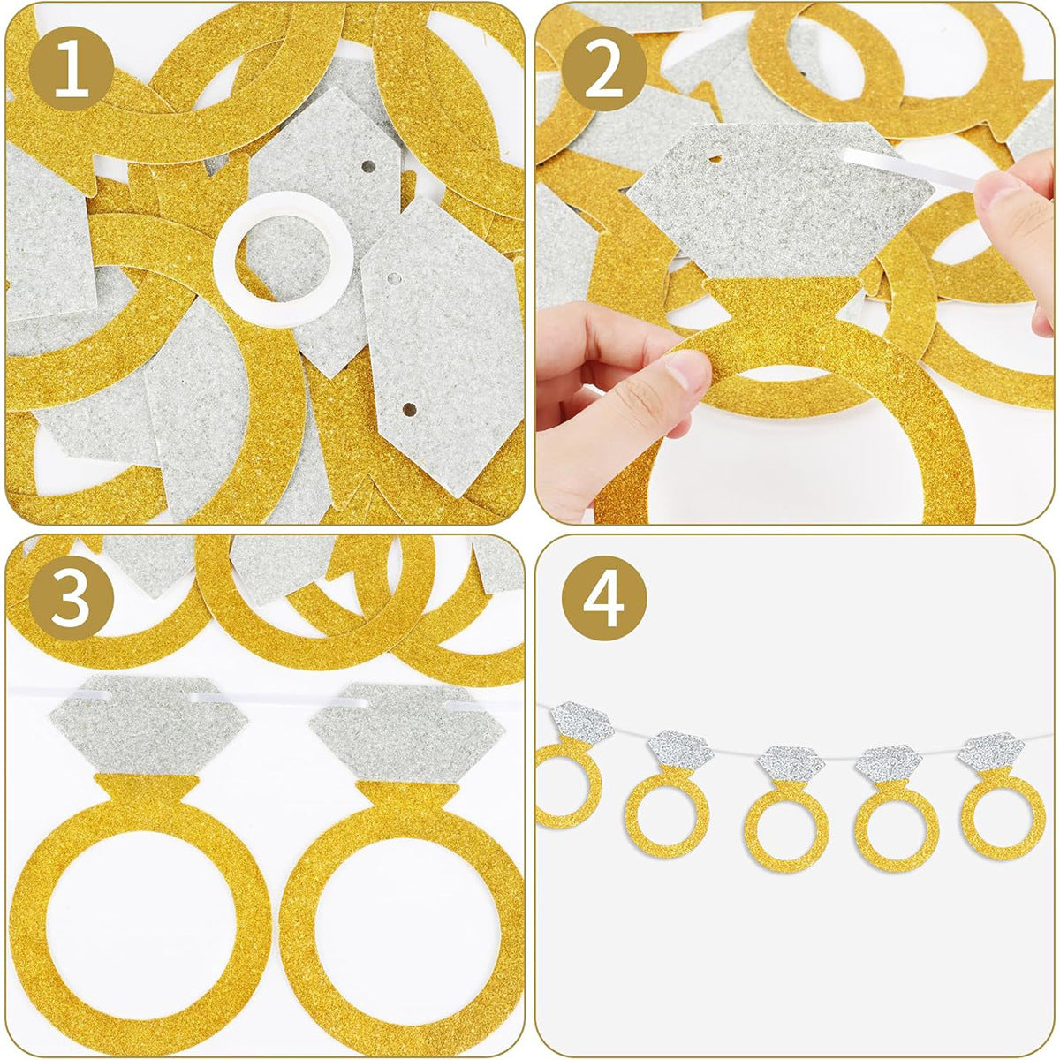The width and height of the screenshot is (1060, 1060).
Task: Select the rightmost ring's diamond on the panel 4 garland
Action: (991, 751)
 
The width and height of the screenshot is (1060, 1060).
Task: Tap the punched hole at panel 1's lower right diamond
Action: (408, 409)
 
